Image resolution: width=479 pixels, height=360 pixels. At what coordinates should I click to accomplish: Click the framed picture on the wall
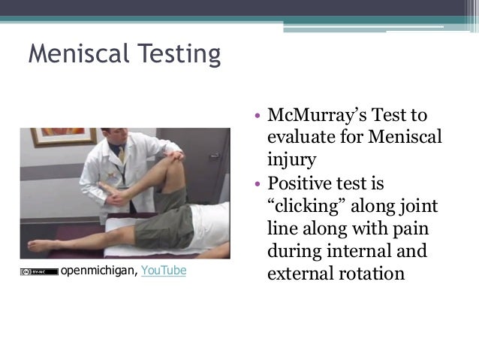pos(35,147)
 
